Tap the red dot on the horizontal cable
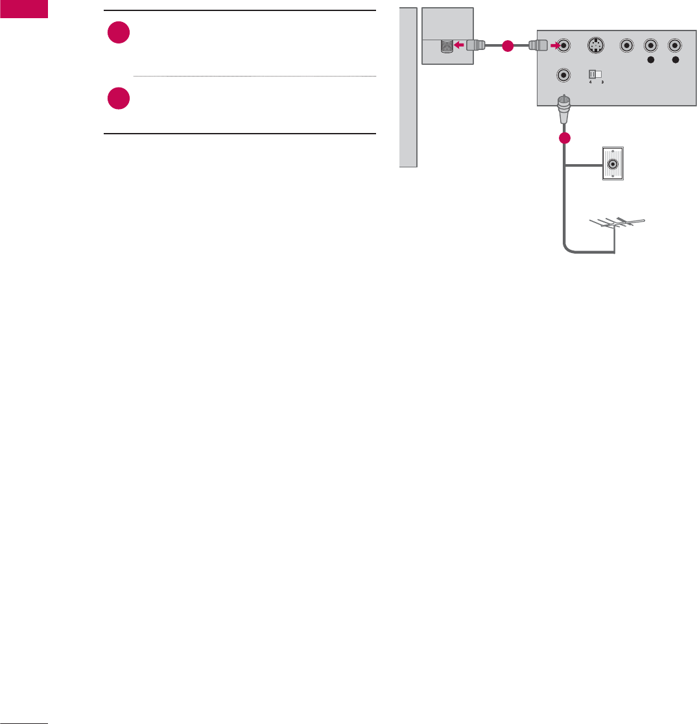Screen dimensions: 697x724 tap(507, 46)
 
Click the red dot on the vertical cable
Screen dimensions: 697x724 tap(565, 138)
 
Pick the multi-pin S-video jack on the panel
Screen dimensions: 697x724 tap(595, 46)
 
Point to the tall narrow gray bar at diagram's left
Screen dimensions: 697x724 tap(407, 87)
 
